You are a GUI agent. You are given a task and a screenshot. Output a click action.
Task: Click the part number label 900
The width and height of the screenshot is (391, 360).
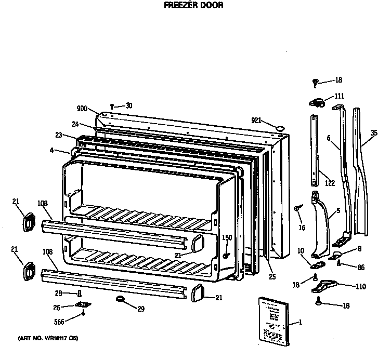click(81, 109)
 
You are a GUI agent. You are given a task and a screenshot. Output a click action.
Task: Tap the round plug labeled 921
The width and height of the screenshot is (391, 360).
click(279, 127)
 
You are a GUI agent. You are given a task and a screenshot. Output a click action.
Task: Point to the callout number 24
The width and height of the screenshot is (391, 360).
click(75, 124)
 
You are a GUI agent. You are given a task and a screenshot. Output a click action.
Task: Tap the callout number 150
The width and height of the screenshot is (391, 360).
click(227, 237)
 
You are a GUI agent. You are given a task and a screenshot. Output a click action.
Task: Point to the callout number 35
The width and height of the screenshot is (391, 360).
click(373, 133)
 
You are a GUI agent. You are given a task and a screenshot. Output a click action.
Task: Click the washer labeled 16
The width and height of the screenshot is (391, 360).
click(297, 208)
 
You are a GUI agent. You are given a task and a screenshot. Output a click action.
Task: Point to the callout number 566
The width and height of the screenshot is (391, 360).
click(60, 321)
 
